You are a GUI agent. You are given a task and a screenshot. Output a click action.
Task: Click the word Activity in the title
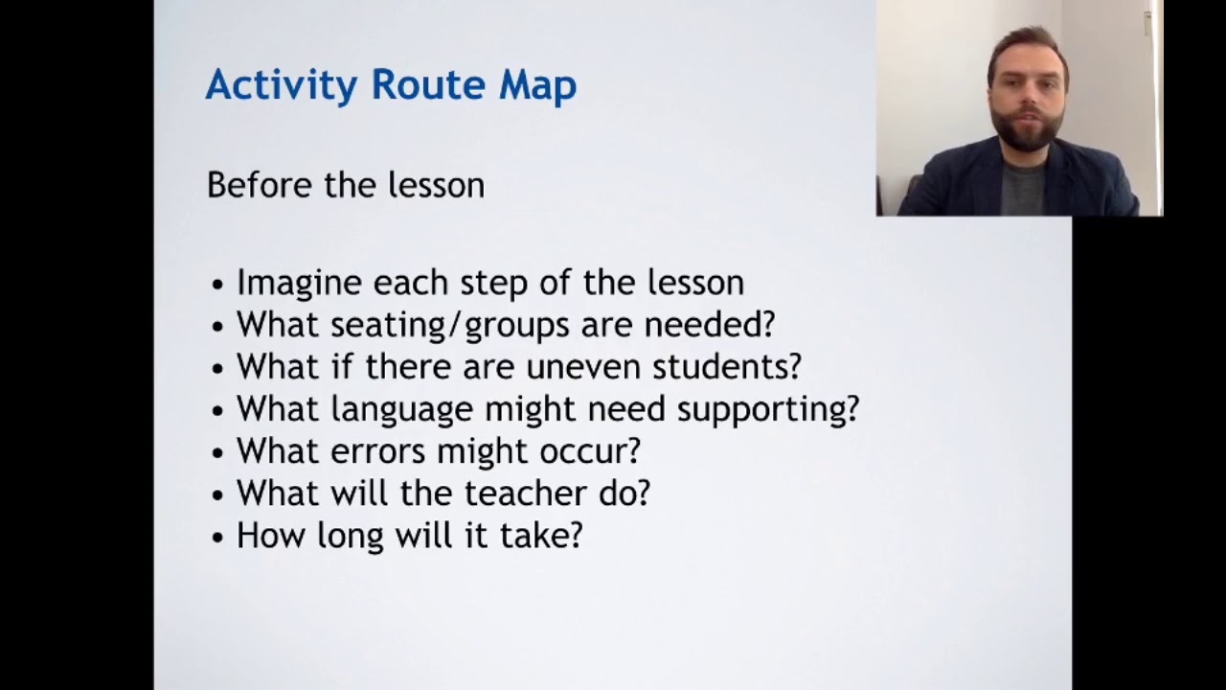281,85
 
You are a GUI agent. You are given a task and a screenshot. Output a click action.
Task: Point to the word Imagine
299,283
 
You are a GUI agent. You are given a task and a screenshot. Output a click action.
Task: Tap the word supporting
767,409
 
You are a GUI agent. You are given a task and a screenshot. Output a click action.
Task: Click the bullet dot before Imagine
218,285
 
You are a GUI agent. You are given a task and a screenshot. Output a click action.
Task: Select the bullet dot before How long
218,538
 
